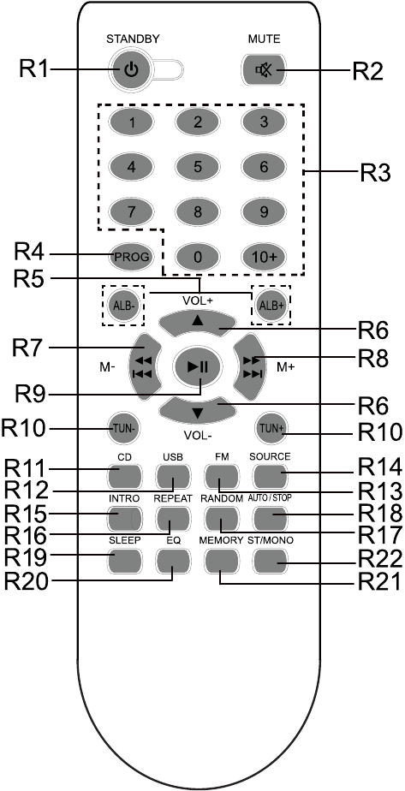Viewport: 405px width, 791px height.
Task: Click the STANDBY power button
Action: pos(131,70)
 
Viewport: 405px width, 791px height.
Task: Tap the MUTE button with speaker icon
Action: pos(263,70)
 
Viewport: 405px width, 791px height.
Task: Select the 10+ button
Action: pos(264,257)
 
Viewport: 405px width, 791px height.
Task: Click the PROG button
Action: pos(132,257)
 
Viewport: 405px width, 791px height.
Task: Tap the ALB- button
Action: pos(123,306)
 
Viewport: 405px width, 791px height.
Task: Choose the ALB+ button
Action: pos(272,306)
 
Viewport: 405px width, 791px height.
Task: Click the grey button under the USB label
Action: pos(174,476)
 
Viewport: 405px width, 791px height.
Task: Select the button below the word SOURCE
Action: pos(271,476)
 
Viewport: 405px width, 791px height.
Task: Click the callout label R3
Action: pos(375,174)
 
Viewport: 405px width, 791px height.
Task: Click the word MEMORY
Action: pos(221,540)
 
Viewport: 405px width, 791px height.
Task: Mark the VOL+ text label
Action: pos(198,300)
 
